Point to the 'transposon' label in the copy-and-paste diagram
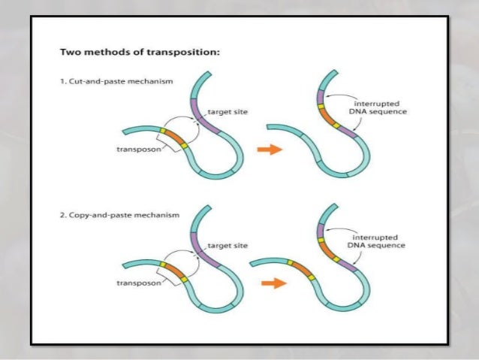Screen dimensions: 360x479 point(137,283)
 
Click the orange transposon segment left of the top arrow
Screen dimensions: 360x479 point(173,139)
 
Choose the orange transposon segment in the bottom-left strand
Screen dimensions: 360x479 point(173,272)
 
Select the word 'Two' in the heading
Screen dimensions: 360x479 point(69,53)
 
